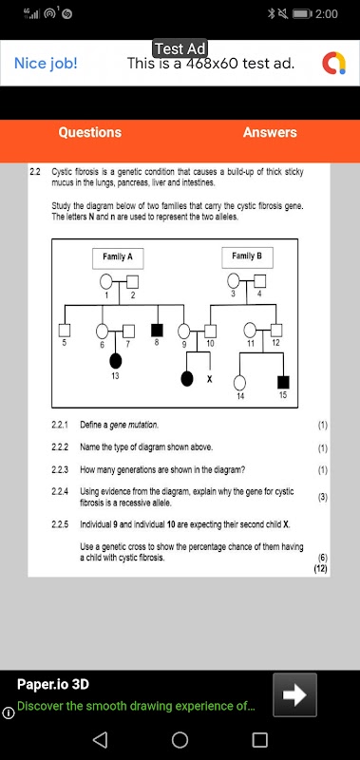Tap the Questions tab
click(x=89, y=132)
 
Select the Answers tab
click(x=270, y=132)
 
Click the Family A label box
click(x=118, y=257)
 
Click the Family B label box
click(x=247, y=257)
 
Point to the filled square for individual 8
click(x=157, y=331)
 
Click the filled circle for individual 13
click(x=115, y=361)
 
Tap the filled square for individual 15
click(x=283, y=382)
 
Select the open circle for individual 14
click(x=239, y=383)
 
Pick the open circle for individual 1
click(x=106, y=281)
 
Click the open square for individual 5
click(x=65, y=331)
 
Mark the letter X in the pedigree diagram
click(x=209, y=379)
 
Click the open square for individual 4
click(x=260, y=280)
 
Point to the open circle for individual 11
click(x=250, y=330)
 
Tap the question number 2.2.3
click(x=60, y=469)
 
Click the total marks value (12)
click(x=321, y=569)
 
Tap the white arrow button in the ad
click(x=294, y=694)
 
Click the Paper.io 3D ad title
click(x=53, y=684)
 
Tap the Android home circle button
click(x=180, y=740)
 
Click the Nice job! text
click(x=46, y=63)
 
